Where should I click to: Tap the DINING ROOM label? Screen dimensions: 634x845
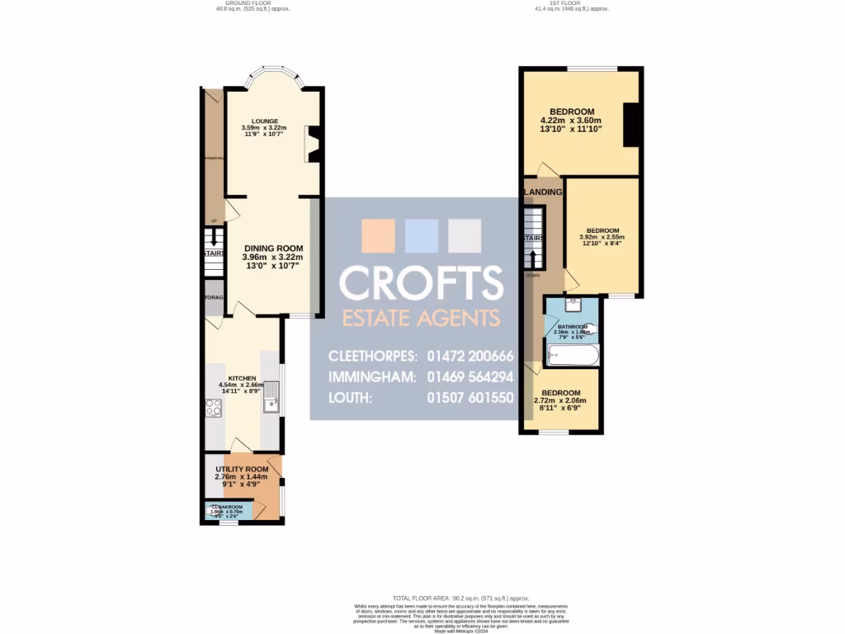(273, 248)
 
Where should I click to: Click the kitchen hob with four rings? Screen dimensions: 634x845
(213, 406)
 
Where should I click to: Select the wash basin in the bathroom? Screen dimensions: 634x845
(574, 306)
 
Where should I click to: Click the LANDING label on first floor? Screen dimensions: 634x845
(543, 192)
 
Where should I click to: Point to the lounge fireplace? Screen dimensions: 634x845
(313, 144)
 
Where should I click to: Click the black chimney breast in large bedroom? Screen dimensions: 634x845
(631, 125)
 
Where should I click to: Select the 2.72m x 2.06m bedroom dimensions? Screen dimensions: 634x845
(562, 400)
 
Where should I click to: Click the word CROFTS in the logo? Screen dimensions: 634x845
(421, 284)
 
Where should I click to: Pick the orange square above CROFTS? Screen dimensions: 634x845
(379, 235)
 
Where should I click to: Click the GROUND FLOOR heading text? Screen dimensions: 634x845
(248, 2)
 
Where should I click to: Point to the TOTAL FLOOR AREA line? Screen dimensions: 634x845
(460, 597)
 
